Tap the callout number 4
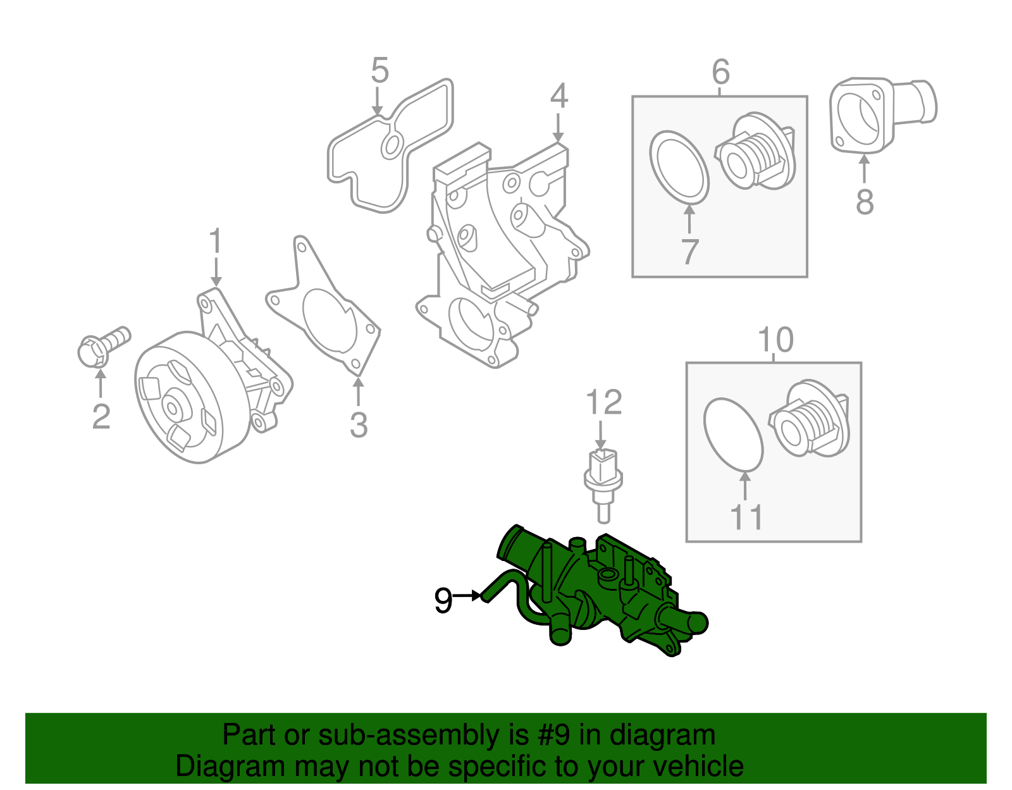[x=558, y=96]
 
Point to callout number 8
[x=865, y=202]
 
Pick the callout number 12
[x=603, y=402]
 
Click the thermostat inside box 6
[x=756, y=152]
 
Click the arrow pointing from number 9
[x=467, y=595]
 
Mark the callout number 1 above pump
[x=216, y=242]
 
